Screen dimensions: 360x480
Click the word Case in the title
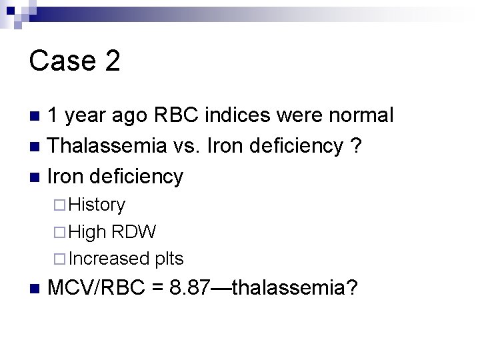coord(59,61)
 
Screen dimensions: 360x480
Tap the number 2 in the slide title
coord(111,61)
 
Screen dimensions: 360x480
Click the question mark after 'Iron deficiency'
coord(356,145)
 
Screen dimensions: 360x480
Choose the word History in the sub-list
coord(97,205)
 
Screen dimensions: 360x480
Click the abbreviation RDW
coord(134,231)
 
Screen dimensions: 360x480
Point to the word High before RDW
coord(87,231)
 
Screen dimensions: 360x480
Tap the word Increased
coord(109,258)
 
